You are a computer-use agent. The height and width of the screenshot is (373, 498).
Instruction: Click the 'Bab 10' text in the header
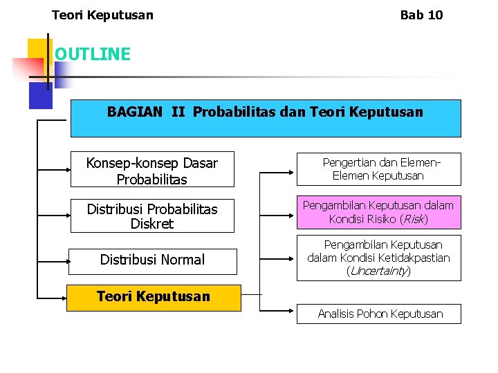click(421, 15)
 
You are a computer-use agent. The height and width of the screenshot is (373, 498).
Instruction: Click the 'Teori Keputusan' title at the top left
click(102, 15)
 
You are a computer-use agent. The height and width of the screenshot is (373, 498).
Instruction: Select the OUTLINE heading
click(92, 54)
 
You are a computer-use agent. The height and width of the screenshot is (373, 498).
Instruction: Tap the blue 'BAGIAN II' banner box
click(265, 118)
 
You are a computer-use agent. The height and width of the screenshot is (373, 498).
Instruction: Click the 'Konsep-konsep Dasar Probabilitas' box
click(152, 170)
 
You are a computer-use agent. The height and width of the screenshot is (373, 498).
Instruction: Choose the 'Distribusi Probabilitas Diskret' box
click(152, 216)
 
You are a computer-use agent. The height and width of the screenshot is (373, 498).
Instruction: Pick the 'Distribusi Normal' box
click(152, 260)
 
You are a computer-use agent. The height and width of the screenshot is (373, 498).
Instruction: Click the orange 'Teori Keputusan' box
click(154, 297)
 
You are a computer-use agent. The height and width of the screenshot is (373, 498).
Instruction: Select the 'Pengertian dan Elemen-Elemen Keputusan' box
click(378, 169)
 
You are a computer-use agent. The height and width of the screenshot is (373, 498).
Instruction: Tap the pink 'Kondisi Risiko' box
click(378, 212)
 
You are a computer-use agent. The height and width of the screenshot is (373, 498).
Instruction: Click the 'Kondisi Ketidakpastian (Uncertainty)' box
click(378, 258)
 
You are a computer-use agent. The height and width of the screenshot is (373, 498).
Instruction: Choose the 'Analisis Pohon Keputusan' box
click(380, 314)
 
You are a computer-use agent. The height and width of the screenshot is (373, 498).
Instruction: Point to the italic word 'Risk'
click(414, 220)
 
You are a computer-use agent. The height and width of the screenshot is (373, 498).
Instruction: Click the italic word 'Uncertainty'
click(378, 271)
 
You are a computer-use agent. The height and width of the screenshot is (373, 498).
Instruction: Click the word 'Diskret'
click(152, 224)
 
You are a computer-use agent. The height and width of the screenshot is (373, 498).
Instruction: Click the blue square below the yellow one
click(39, 95)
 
